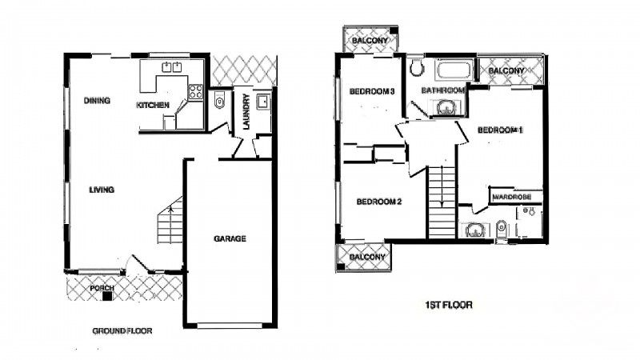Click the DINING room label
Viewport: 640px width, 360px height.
[97, 101]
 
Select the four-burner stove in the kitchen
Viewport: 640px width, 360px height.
[194, 92]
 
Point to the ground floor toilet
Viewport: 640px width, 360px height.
[219, 102]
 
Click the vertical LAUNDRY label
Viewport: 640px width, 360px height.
[247, 113]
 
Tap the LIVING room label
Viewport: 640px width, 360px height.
[102, 190]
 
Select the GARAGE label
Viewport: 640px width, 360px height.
[230, 238]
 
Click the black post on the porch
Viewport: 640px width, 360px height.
[107, 297]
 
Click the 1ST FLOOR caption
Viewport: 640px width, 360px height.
[448, 305]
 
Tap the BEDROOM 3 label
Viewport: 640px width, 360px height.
[373, 91]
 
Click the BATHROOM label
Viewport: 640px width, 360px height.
[443, 90]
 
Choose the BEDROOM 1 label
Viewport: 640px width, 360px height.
[500, 130]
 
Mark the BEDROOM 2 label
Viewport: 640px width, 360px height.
[378, 202]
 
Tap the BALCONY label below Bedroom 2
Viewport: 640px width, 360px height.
[368, 257]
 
